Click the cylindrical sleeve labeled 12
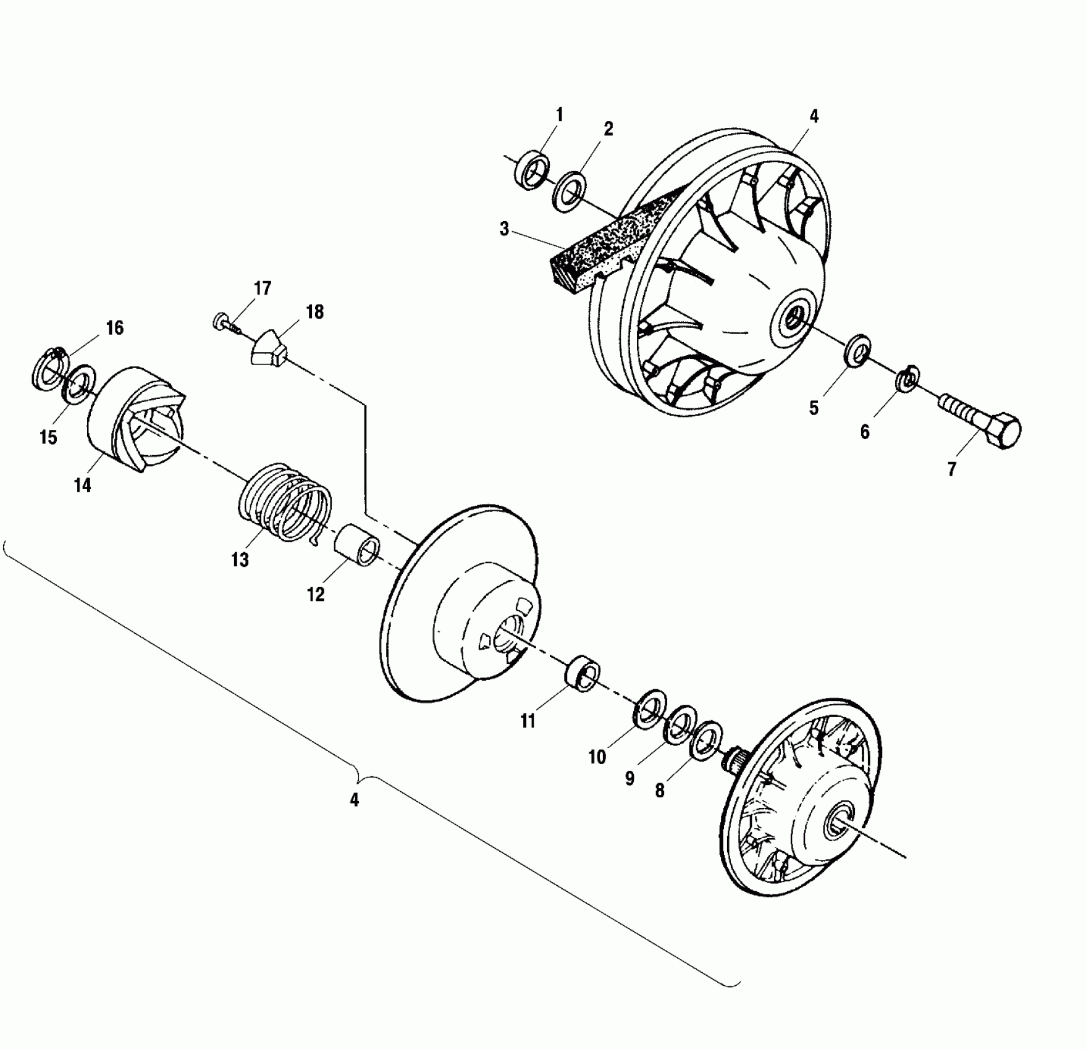click(x=358, y=544)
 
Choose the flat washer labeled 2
click(x=570, y=191)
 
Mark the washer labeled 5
click(x=857, y=351)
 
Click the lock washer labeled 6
click(x=907, y=379)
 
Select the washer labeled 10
click(x=649, y=707)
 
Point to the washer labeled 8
click(x=705, y=739)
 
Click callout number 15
click(x=48, y=437)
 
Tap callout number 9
click(x=629, y=778)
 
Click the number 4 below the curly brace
click(x=354, y=800)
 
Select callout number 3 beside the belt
click(x=505, y=229)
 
